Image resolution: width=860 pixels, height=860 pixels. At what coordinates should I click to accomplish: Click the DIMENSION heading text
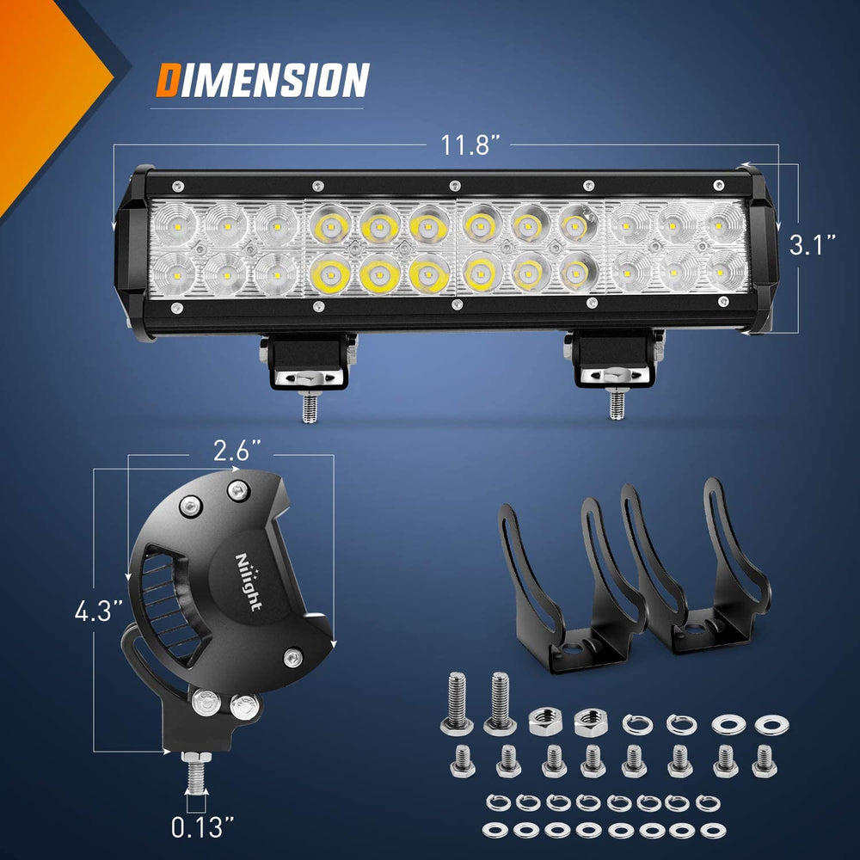click(262, 80)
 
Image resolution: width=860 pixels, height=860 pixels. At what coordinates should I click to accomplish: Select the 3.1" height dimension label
click(814, 246)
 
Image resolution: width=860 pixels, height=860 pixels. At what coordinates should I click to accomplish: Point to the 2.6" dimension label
click(237, 450)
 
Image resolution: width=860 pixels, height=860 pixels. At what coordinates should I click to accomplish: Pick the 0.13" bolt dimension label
click(202, 828)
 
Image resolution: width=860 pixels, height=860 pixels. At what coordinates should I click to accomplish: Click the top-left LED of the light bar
click(176, 225)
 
